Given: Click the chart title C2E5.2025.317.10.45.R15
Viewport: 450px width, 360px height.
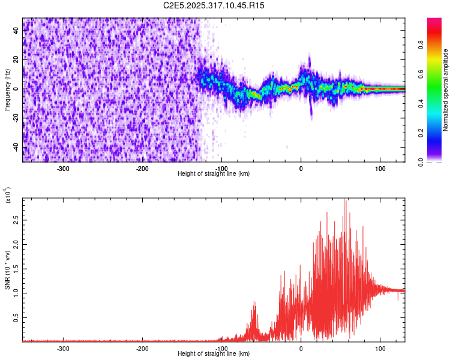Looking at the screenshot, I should (x=214, y=5).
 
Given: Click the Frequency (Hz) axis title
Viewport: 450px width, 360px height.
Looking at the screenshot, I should (x=7, y=90).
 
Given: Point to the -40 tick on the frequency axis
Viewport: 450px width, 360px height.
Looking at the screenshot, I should (x=16, y=148).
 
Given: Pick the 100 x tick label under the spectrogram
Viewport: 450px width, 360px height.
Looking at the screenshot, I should (x=380, y=169).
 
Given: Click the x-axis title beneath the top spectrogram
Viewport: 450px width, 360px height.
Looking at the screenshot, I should (x=214, y=174).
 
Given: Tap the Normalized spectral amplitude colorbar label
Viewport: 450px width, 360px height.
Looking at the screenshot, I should (x=446, y=90).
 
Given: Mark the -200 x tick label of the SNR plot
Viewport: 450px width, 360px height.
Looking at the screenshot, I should (x=143, y=348).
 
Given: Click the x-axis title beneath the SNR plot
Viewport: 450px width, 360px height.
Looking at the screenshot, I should (x=214, y=354).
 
